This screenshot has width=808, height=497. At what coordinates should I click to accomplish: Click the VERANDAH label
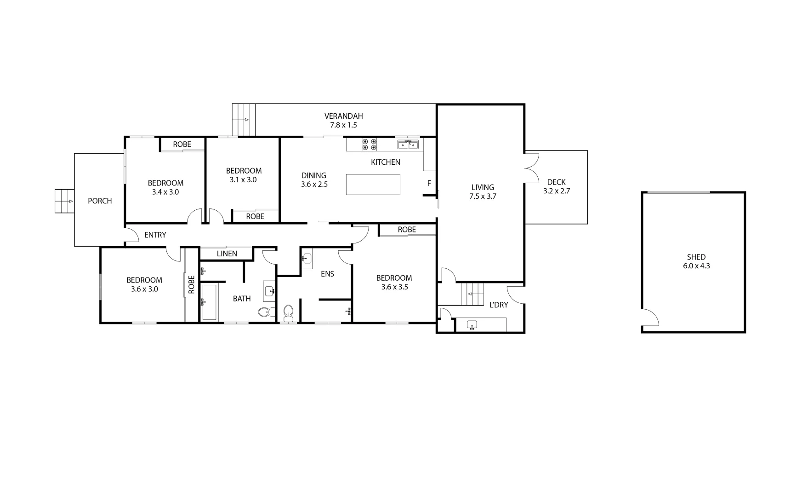(x=343, y=116)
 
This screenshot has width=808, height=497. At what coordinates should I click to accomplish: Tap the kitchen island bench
(x=373, y=185)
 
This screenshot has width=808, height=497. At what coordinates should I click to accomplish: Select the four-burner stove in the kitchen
(x=370, y=144)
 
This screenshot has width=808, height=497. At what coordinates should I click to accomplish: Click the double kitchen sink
(x=408, y=145)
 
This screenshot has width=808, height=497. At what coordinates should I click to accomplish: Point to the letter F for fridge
(x=429, y=184)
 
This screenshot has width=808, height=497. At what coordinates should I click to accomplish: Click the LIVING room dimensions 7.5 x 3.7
(x=483, y=196)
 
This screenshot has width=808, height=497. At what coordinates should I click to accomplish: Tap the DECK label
(x=556, y=182)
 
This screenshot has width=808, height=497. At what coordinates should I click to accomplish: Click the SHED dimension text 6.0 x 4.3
(x=696, y=266)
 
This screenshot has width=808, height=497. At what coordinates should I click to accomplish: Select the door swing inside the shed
(x=650, y=317)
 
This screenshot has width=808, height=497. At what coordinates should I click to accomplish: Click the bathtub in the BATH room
(x=209, y=302)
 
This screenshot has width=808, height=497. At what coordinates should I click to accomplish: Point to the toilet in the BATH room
(x=264, y=312)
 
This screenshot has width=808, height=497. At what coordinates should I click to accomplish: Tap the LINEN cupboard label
(x=227, y=254)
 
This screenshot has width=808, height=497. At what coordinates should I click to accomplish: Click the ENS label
(x=327, y=274)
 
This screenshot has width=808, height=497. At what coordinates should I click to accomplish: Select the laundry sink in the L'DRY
(x=472, y=325)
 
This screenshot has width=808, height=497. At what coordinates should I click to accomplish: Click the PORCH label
(x=100, y=201)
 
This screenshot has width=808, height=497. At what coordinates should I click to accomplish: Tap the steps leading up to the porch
(x=64, y=201)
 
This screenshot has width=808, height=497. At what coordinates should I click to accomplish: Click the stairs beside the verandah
(x=244, y=120)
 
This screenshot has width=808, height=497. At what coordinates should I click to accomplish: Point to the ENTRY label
(x=155, y=235)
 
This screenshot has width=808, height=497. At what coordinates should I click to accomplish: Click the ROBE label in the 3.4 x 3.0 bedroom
(x=182, y=144)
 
